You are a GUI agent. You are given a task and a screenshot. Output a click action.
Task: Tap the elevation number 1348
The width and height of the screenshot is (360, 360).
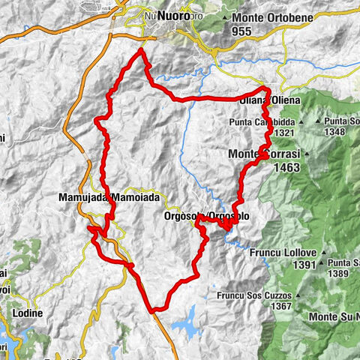click(340, 132)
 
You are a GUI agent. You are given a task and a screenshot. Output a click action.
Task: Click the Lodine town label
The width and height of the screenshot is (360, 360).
click(26, 313)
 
